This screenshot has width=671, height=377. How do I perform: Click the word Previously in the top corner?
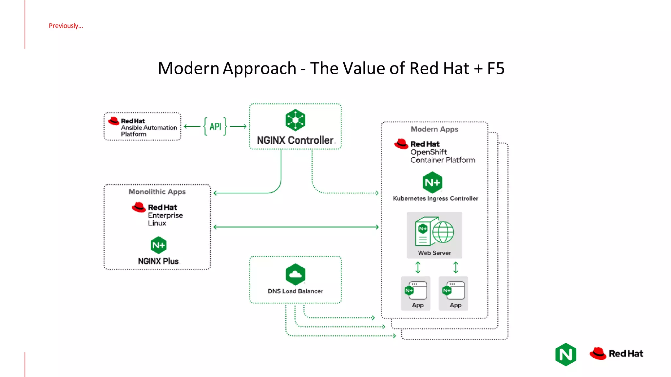pos(66,26)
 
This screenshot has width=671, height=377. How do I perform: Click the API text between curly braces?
pos(215,127)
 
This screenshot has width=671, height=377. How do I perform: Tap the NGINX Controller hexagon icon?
pos(295,120)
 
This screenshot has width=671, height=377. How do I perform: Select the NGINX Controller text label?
pos(295,140)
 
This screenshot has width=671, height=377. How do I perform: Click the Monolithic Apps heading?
pos(157,192)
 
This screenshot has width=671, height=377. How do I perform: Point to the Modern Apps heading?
pos(434,129)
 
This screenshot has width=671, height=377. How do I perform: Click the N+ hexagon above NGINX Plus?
pos(159,245)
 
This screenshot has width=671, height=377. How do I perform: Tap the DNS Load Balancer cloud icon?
pos(295,274)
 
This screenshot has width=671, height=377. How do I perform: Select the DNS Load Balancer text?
pos(295,291)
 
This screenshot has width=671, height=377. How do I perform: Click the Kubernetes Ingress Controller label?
pos(435,199)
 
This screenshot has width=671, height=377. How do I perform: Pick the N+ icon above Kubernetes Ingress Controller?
pos(432,183)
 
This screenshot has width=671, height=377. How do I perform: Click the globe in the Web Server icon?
pos(443,232)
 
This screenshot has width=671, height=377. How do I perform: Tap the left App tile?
pos(415,293)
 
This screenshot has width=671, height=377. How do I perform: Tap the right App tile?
pos(453,293)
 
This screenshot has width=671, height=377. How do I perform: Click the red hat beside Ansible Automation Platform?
pos(114,121)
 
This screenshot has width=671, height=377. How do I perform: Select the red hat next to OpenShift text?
pos(401,144)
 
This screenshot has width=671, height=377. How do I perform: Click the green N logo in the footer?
pos(566,354)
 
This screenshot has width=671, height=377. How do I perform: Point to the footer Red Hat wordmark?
pos(626,354)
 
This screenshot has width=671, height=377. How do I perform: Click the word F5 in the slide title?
pos(495,68)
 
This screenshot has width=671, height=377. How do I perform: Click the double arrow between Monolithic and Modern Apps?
pos(296,227)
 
